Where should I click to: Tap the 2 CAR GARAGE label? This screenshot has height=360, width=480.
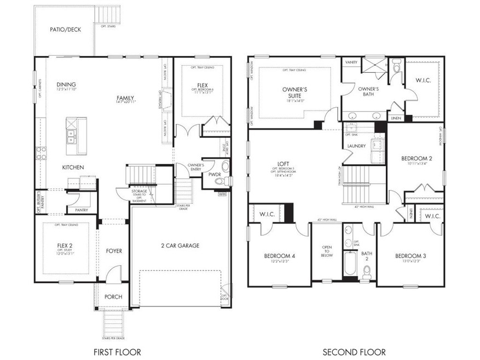point(180,245)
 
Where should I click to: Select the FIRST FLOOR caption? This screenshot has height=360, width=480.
point(118,352)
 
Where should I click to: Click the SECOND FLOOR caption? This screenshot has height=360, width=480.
point(354,352)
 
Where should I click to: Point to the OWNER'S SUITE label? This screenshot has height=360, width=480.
point(294,91)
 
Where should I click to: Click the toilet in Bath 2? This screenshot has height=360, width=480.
point(366,270)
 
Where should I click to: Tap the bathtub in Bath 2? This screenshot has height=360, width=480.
point(349,265)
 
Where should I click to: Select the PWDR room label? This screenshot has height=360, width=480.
point(214,175)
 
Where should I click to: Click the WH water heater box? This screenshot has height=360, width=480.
point(222,194)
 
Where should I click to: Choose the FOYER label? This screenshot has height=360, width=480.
point(114,251)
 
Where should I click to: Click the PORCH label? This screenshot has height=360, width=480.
point(113,297)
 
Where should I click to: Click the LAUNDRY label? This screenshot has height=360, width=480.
point(356,146)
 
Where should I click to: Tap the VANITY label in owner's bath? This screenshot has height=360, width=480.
point(351,62)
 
